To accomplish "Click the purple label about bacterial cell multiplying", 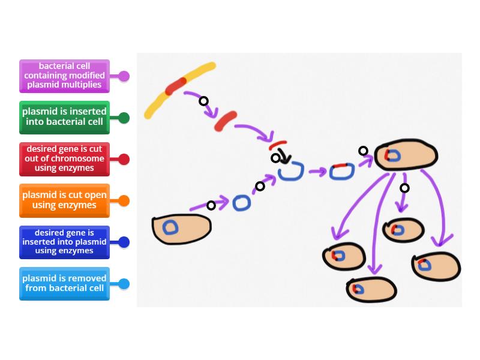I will [64, 76].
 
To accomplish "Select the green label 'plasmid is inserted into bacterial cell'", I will [64, 118].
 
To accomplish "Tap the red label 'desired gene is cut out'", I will [64, 159].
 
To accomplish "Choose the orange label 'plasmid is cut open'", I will [64, 200].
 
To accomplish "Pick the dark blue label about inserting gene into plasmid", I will [64, 242].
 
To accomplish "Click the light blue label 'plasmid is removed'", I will [64, 283].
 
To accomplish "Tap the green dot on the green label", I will [124, 118].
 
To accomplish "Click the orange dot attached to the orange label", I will [124, 201].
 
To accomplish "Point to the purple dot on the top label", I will [124, 76].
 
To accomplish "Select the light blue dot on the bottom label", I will [124, 284].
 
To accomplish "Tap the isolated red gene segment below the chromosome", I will [226, 121].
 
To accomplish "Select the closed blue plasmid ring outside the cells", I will [241, 203].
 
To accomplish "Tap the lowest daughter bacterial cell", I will [371, 289].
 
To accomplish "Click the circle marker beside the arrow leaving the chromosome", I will [203, 101].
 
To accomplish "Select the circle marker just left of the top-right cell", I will [363, 151].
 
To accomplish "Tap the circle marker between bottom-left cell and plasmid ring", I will [211, 206].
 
